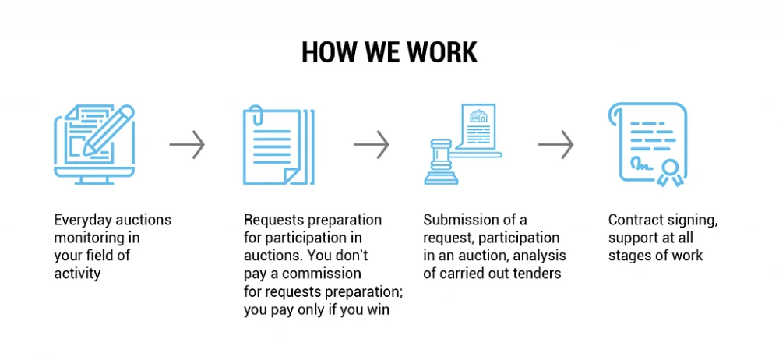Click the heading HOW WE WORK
(389, 51)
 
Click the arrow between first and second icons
(187, 144)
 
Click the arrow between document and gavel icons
(372, 144)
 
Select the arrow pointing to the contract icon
(555, 144)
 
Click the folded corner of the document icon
(294, 176)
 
